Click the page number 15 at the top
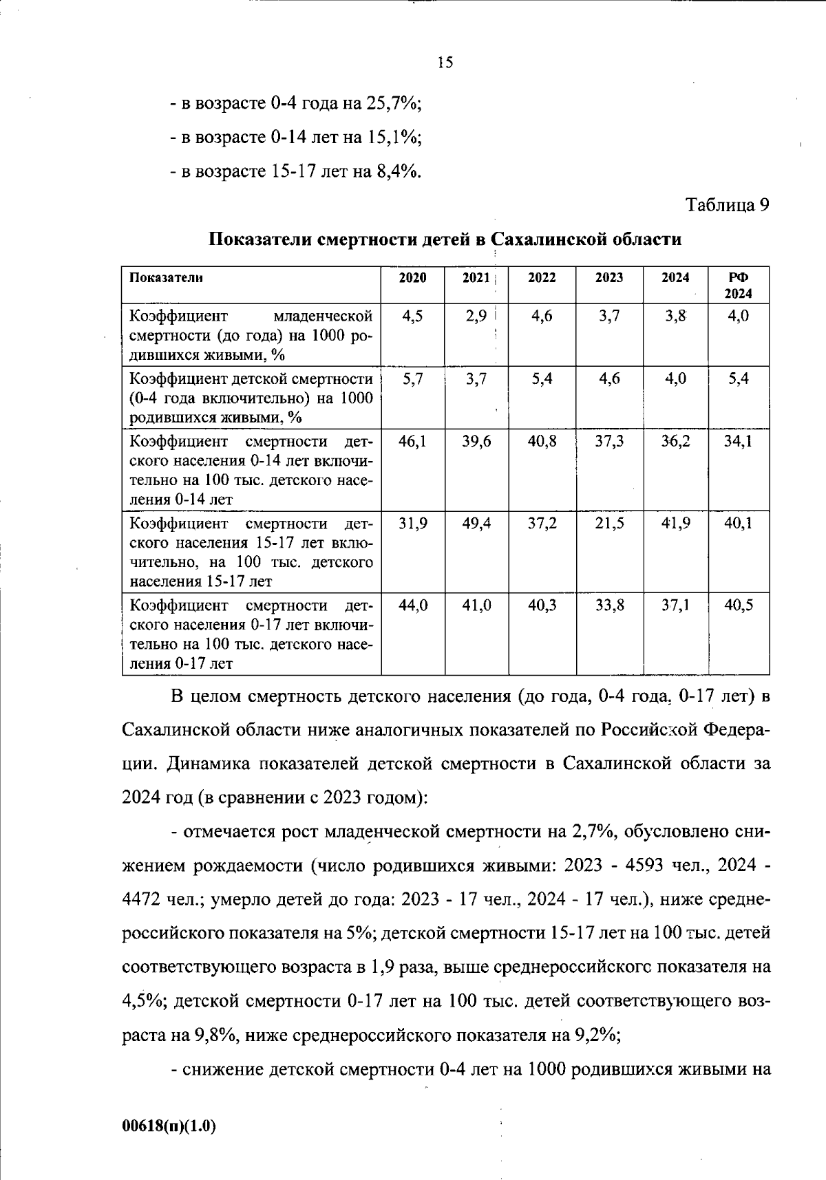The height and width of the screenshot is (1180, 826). click(x=445, y=63)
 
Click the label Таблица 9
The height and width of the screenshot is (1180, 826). click(x=727, y=205)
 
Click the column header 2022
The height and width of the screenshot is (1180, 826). click(x=542, y=278)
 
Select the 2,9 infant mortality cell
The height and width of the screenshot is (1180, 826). click(x=476, y=317)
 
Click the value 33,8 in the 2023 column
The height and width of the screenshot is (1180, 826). click(x=609, y=606)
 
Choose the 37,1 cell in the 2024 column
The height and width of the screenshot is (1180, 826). click(x=675, y=606)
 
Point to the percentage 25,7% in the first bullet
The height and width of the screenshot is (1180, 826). click(x=392, y=104)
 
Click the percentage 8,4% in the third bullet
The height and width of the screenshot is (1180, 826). click(x=398, y=171)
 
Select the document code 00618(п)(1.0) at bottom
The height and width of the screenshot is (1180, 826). click(x=169, y=1126)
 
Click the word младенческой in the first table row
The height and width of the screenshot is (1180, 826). click(x=323, y=317)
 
